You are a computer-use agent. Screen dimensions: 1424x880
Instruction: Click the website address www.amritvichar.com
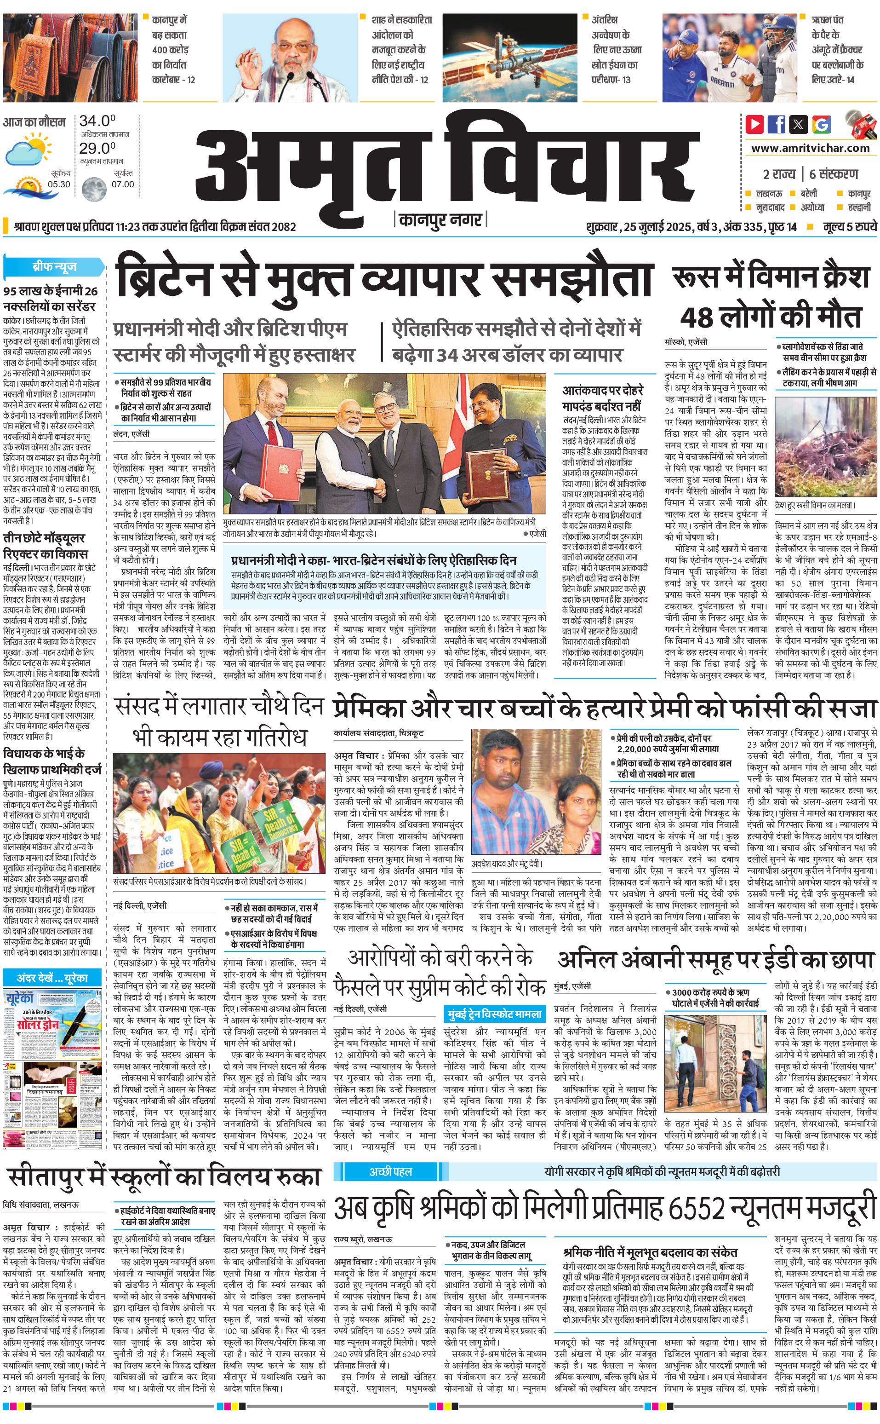click(810, 148)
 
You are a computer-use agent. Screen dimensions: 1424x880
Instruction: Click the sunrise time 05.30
click(59, 184)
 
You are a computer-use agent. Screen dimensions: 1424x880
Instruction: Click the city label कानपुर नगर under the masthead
click(440, 219)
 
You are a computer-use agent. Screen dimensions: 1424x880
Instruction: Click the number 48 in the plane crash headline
click(697, 317)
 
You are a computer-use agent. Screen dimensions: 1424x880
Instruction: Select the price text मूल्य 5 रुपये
click(849, 226)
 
